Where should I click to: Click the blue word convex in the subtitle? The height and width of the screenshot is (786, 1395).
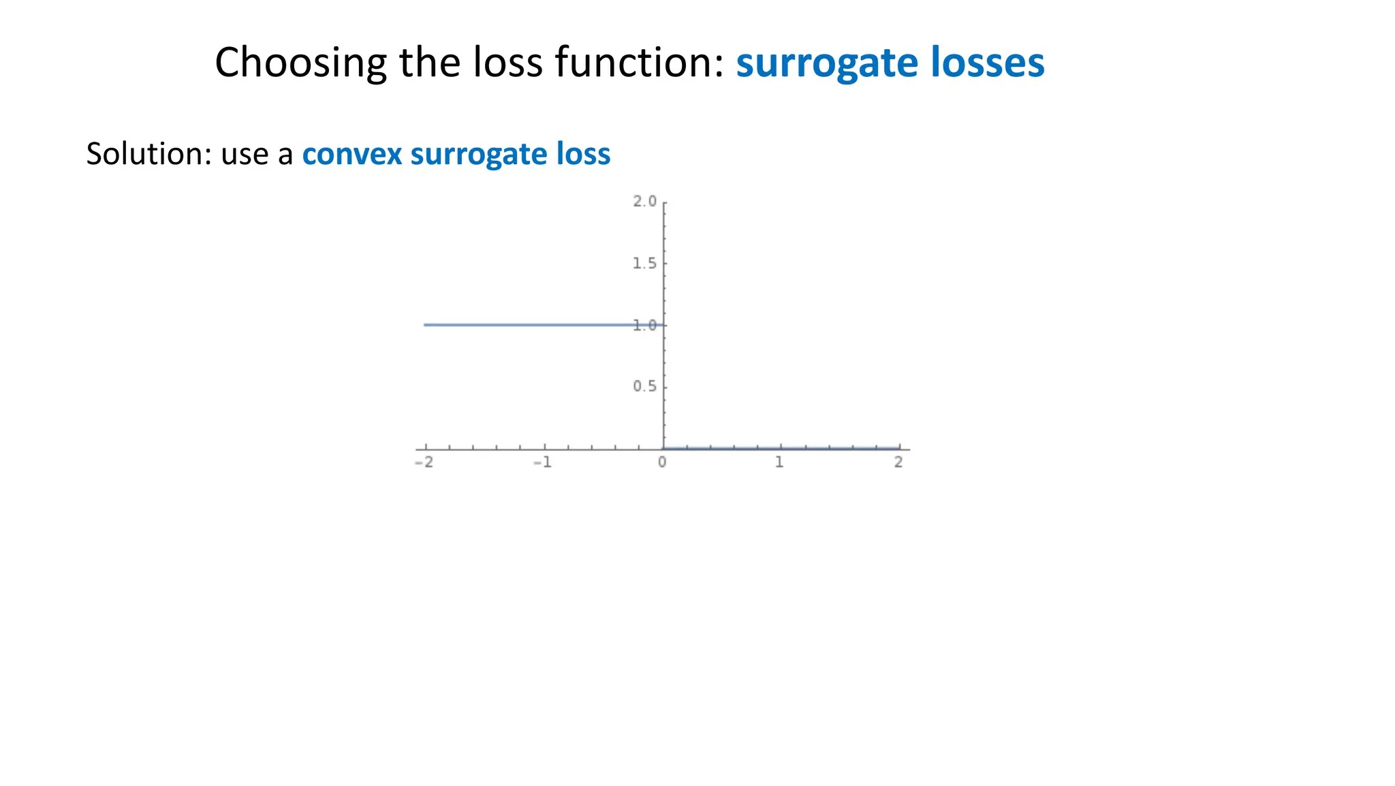coord(351,154)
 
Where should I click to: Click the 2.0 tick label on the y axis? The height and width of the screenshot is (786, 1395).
coord(644,202)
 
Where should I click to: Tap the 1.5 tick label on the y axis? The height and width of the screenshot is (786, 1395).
coord(644,264)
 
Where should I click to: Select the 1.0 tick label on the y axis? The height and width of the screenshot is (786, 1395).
coord(644,326)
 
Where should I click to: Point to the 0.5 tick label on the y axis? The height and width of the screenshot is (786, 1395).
coord(644,387)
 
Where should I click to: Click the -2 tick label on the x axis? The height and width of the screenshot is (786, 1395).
coord(424,463)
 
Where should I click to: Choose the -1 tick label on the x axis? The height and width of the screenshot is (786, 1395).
coord(542,463)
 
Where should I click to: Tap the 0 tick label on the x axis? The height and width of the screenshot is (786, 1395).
coord(662,463)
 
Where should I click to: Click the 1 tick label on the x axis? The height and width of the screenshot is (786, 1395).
coord(780,463)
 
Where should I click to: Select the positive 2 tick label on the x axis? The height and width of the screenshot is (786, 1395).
coord(898,463)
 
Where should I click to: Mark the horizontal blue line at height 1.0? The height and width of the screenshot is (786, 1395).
coord(531,325)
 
